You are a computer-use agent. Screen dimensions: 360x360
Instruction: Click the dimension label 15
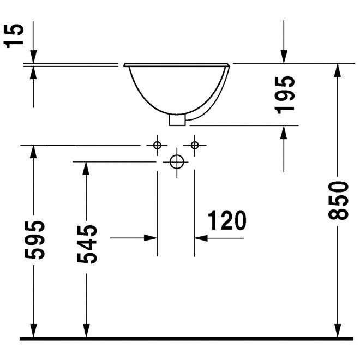pyautogui.click(x=14, y=36)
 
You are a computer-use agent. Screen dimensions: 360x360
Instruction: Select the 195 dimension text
pyautogui.click(x=285, y=95)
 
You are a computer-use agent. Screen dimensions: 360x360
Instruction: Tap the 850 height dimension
pyautogui.click(x=338, y=200)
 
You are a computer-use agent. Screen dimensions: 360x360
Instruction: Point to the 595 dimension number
pyautogui.click(x=35, y=240)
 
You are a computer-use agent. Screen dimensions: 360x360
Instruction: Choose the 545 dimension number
pyautogui.click(x=87, y=244)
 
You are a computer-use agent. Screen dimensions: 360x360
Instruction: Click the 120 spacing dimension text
pyautogui.click(x=227, y=220)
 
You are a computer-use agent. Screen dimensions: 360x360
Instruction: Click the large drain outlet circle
pyautogui.click(x=177, y=162)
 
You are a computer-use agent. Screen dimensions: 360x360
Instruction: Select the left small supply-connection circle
pyautogui.click(x=157, y=145)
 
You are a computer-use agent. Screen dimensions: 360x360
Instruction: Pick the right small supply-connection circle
pyautogui.click(x=195, y=145)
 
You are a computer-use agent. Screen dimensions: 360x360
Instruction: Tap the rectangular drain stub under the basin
pyautogui.click(x=177, y=120)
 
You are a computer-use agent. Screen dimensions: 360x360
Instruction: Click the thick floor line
pyautogui.click(x=187, y=339)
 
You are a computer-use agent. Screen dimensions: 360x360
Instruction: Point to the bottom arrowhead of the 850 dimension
pyautogui.click(x=338, y=331)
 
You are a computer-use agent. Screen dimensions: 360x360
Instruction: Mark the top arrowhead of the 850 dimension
pyautogui.click(x=338, y=70)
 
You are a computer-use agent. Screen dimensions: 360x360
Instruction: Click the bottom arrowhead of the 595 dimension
pyautogui.click(x=33, y=331)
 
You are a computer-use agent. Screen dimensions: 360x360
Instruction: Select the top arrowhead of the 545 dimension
pyautogui.click(x=86, y=169)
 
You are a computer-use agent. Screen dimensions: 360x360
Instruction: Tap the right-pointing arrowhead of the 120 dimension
pyautogui.click(x=151, y=238)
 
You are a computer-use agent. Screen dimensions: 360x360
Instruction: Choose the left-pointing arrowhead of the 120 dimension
pyautogui.click(x=201, y=238)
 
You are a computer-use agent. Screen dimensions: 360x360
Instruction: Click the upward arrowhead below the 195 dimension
pyautogui.click(x=284, y=133)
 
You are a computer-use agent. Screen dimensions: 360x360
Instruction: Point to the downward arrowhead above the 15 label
pyautogui.click(x=33, y=57)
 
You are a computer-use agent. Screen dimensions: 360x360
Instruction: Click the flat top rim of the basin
pyautogui.click(x=177, y=65)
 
